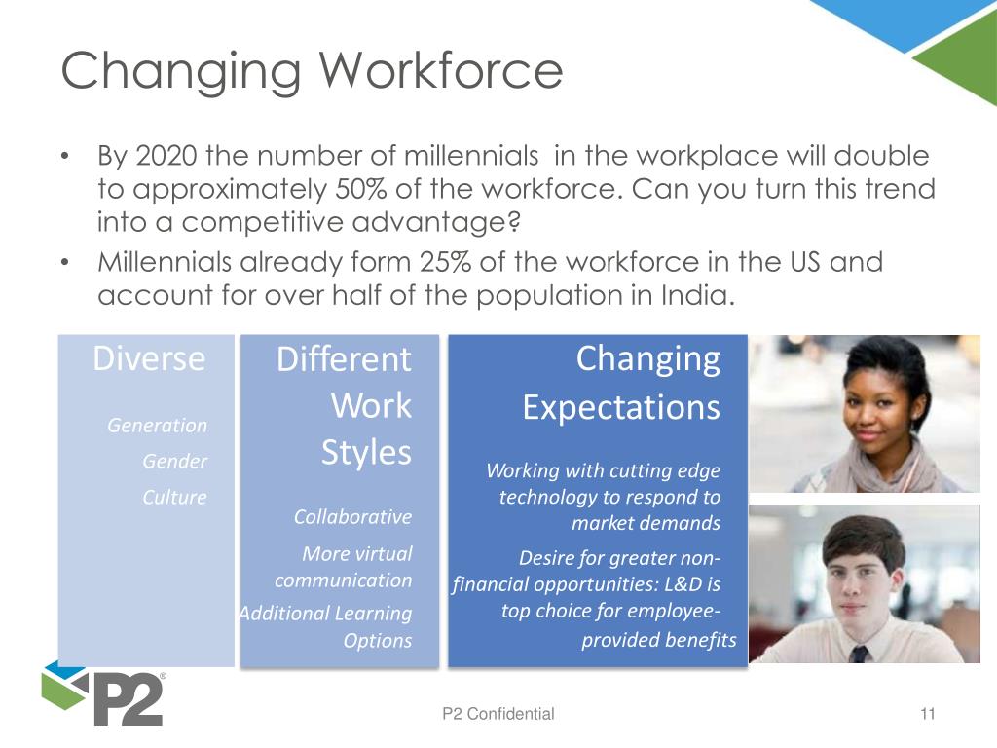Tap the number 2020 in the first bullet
157,156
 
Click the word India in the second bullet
692,295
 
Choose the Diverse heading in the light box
149,358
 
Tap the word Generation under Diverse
157,426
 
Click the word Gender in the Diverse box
175,462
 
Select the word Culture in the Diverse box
174,497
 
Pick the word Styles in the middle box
365,454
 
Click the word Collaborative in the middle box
352,516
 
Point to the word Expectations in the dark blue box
620,406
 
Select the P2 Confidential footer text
498,714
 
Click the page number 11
926,714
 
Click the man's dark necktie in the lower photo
858,654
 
